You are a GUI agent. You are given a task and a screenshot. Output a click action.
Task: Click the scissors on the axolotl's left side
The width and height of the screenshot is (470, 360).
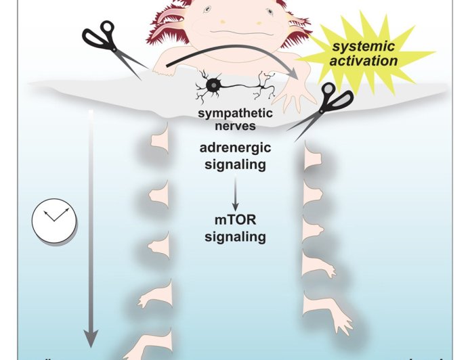point(112,47)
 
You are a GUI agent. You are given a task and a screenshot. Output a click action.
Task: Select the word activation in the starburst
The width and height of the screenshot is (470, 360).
point(369,60)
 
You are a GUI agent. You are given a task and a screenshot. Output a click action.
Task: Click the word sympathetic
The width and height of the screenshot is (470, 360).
point(235,113)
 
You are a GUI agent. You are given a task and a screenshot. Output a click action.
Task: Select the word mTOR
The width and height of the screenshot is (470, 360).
point(235,221)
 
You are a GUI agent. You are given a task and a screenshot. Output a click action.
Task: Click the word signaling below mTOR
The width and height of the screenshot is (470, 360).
point(235,237)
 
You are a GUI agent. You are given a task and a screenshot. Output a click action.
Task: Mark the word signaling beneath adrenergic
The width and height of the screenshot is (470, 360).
point(235,163)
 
